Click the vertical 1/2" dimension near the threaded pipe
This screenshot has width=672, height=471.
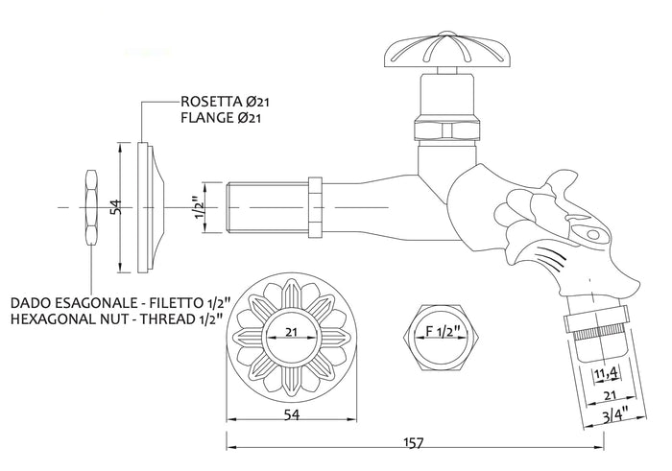196,207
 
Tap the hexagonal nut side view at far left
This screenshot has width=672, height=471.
91,208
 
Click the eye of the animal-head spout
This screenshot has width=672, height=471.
592,234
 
